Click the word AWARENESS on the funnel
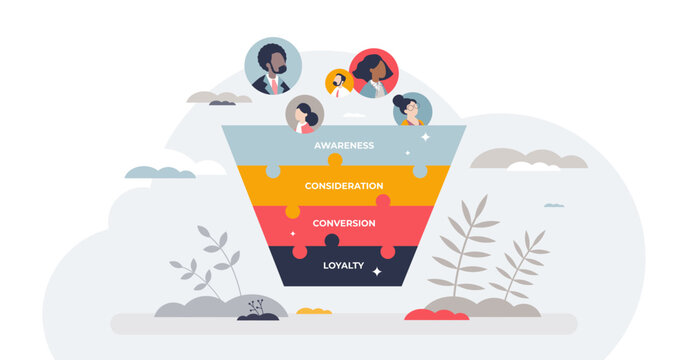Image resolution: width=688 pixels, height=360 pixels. click(344, 146)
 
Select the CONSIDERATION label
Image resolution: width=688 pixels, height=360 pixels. click(344, 186)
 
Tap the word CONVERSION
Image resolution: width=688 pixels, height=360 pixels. click(344, 223)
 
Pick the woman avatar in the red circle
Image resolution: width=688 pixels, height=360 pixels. click(374, 73)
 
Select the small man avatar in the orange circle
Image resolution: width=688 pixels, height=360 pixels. click(339, 83)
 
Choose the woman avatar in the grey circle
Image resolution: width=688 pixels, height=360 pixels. click(304, 114)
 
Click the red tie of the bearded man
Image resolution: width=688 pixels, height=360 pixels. click(272, 85)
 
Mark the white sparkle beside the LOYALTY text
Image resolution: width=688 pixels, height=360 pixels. click(377, 271)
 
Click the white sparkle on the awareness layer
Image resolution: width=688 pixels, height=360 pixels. click(424, 137)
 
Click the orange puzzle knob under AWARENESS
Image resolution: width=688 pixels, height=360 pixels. click(335, 160)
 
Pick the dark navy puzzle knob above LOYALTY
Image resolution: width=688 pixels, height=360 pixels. click(332, 240)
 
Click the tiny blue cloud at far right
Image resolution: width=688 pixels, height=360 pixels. click(553, 205)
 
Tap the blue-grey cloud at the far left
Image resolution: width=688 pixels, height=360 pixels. click(160, 172)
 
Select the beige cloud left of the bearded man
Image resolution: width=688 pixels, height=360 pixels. click(219, 98)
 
